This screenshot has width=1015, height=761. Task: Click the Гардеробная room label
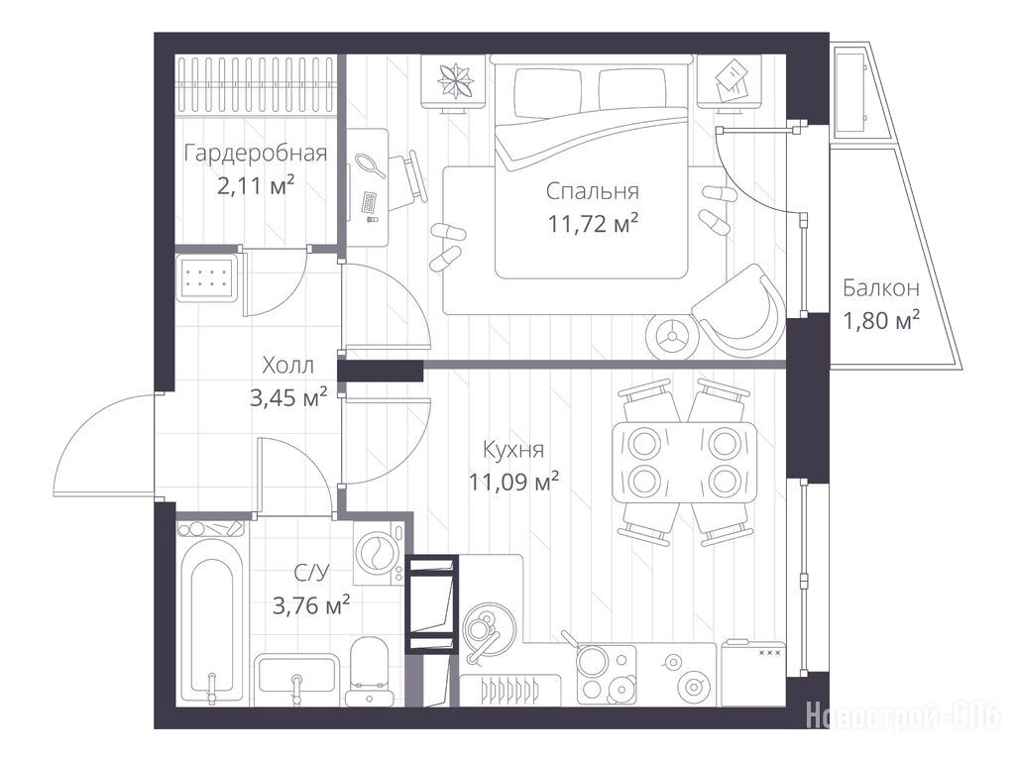pos(256,154)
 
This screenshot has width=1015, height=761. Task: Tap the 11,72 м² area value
pos(594,224)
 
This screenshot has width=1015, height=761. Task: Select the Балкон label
pos(881,288)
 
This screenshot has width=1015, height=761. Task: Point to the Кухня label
pos(513,449)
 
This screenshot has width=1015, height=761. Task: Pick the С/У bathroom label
pos(311,573)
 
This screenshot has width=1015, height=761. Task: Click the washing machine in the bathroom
pos(378,554)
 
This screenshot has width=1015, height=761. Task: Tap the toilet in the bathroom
pos(368,671)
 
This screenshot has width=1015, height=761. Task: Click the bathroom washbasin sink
pos(296,680)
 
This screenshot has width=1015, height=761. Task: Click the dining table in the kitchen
pos(684,462)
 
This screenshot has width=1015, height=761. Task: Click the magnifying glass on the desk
pos(371,164)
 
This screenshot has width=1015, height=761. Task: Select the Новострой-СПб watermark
pos(904,715)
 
